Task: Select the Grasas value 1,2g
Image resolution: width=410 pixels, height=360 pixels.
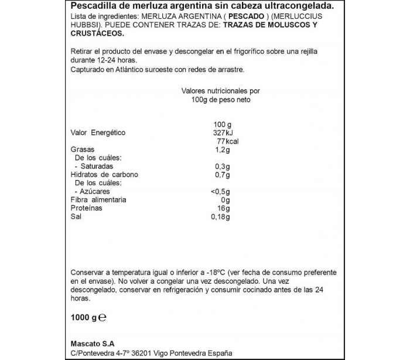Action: click(x=222, y=150)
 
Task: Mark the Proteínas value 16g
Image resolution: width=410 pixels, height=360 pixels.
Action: click(x=223, y=208)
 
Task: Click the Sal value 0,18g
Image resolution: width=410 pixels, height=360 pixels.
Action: click(x=220, y=217)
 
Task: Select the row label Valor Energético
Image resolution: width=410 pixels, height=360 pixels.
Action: click(x=98, y=133)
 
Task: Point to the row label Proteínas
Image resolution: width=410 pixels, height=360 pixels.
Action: click(x=86, y=208)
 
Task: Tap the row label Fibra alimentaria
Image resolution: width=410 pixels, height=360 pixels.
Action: click(x=98, y=200)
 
